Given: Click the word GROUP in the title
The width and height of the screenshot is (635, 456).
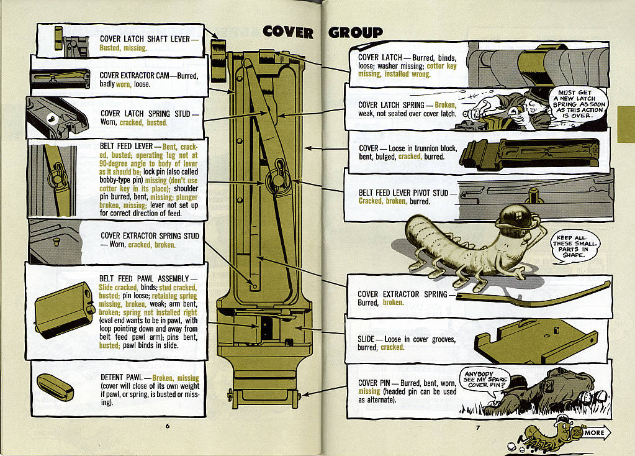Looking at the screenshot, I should pos(356,32).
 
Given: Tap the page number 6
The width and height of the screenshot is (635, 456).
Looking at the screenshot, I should pos(167,426).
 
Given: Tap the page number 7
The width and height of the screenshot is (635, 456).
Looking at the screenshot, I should pos(478,427).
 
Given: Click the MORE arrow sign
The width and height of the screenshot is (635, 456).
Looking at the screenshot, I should pos(595,432).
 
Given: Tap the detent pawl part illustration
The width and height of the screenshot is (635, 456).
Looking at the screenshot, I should pos(55,387).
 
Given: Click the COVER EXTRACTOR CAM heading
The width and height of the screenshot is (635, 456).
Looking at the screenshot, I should pos(145,75).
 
